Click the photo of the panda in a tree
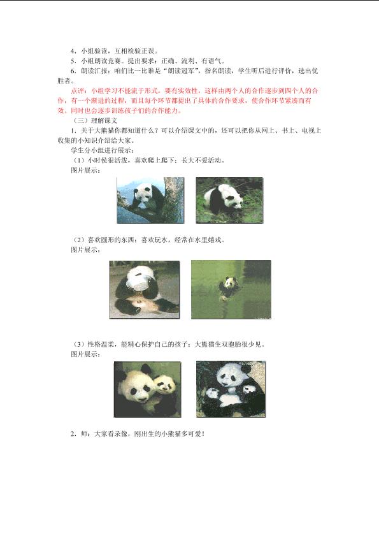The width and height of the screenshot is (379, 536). (x=150, y=200)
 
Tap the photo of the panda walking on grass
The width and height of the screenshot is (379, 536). (x=229, y=200)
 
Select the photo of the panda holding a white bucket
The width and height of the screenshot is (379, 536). (x=145, y=289)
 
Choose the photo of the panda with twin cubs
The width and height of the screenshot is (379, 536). (x=231, y=389)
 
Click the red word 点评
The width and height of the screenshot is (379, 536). (x=78, y=91)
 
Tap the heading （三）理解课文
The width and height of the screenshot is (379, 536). (x=96, y=120)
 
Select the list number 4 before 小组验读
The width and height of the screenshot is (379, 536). (x=73, y=51)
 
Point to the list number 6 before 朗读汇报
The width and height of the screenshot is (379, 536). (x=73, y=71)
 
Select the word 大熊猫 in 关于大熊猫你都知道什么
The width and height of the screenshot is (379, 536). (x=104, y=130)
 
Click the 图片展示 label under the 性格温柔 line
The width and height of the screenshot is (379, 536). (x=85, y=354)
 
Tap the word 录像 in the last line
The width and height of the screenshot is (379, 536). (x=120, y=434)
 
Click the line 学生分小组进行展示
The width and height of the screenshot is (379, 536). (x=103, y=150)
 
